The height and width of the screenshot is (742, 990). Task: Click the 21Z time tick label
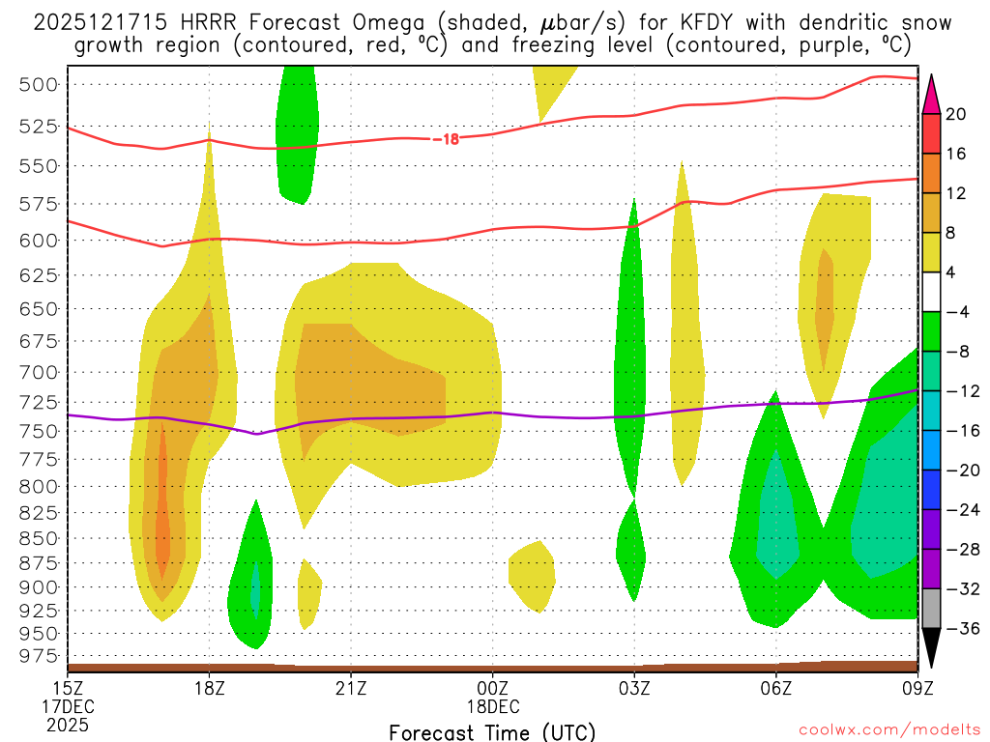pos(351,688)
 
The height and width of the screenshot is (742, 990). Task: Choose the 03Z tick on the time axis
pos(634,688)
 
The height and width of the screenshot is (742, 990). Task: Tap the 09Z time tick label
pos(917,688)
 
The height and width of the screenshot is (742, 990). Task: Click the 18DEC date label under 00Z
pos(493,706)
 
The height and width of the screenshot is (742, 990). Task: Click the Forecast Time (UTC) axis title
pos(492,731)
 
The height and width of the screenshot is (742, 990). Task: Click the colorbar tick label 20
pos(956,114)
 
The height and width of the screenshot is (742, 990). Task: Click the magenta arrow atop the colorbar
pos(931,93)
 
